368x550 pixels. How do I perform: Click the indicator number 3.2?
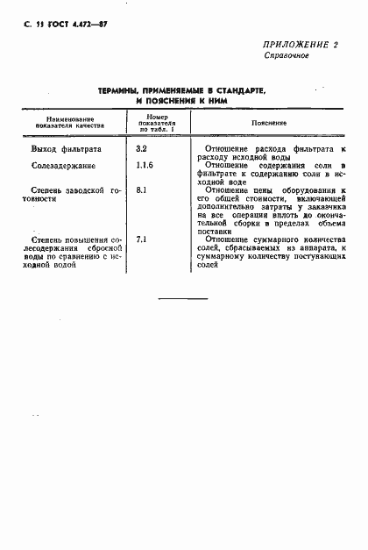click(142, 150)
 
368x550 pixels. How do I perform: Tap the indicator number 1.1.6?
click(145, 165)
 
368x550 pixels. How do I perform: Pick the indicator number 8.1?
click(142, 189)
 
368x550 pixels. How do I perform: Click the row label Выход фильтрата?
click(66, 151)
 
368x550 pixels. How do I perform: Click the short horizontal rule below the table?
click(182, 300)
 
